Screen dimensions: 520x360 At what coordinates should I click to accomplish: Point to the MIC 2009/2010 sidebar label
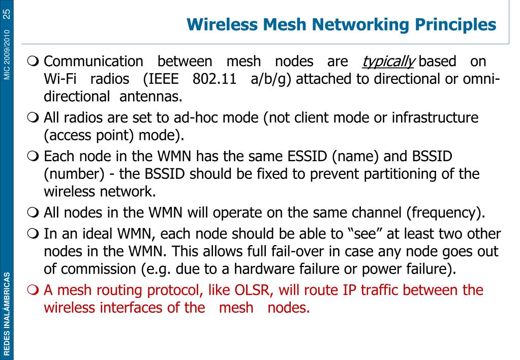(7, 54)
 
